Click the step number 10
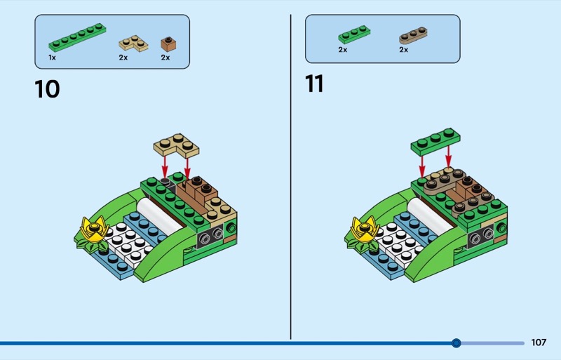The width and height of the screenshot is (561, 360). pos(47,89)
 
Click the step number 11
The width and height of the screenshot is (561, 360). pos(314,84)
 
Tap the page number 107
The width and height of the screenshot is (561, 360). pos(538,343)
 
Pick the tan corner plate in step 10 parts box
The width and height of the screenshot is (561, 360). pos(133,43)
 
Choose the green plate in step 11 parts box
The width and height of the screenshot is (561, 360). pos(354,34)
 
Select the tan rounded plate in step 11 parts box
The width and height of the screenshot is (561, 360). pos(414,34)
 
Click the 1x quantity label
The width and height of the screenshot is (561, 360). pos(52,58)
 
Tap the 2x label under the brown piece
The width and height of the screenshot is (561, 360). pos(165,58)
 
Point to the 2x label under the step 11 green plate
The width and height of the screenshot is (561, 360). pos(343,50)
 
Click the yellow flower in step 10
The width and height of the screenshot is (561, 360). pos(93,228)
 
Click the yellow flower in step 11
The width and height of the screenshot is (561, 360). pos(364,228)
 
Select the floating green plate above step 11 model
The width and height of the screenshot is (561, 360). pos(435,140)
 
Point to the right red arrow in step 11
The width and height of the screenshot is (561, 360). pos(449,158)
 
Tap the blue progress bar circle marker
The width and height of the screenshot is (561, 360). pos(457,343)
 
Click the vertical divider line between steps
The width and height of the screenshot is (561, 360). pos(290,175)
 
